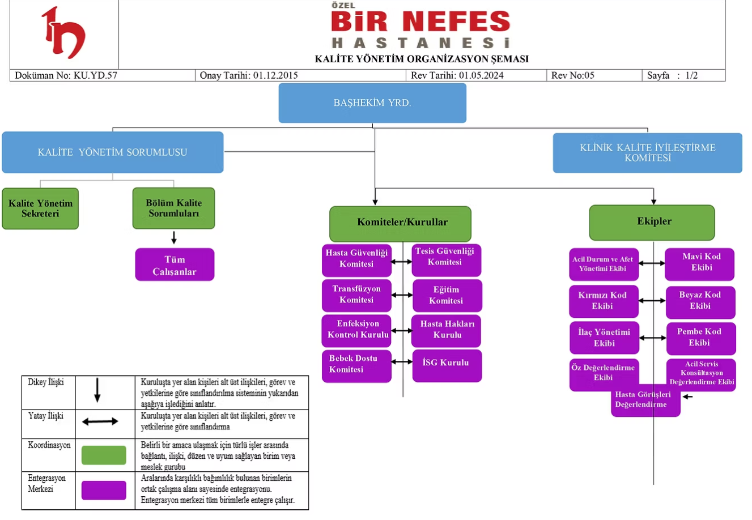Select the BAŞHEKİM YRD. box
(372, 103)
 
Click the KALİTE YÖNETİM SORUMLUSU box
(112, 152)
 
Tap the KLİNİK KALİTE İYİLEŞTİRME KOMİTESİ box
(647, 153)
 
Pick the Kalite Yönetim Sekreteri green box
(40, 208)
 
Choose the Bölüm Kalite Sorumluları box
(173, 208)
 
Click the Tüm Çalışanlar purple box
(175, 265)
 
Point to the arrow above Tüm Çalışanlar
(174, 237)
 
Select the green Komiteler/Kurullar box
(401, 223)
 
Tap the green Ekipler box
(652, 222)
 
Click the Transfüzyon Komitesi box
(356, 295)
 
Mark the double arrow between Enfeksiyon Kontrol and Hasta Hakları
(402, 330)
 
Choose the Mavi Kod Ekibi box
(700, 263)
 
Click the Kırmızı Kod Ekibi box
(603, 301)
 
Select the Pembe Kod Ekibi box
(700, 338)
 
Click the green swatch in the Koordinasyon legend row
(104, 455)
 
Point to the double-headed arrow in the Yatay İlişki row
(100, 421)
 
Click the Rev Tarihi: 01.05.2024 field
(457, 75)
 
